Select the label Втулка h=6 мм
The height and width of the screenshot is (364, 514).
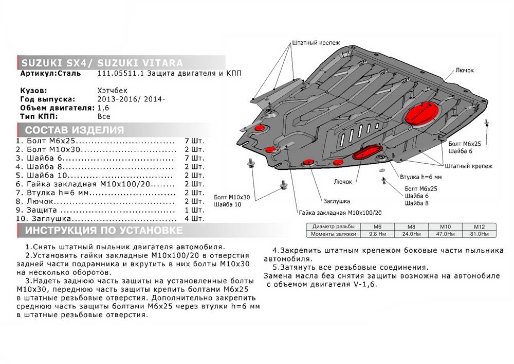(421, 178)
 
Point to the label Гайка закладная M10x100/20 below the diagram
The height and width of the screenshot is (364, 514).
(340, 213)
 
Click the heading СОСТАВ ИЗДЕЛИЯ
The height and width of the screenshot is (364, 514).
(75, 130)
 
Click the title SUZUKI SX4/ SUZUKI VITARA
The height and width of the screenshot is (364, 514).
(101, 63)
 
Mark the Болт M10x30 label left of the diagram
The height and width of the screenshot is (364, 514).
(232, 197)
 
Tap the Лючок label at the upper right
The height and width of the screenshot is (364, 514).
(464, 70)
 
